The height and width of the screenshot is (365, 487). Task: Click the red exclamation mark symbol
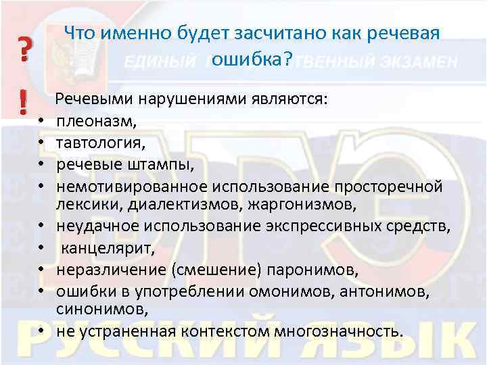[24, 103]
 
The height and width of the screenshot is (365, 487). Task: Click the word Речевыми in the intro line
[94, 101]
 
